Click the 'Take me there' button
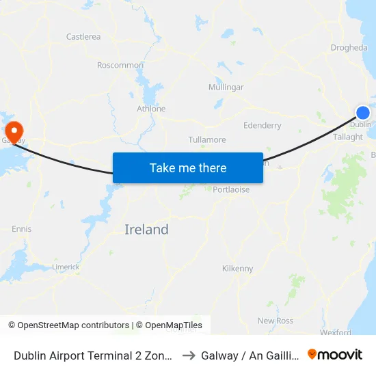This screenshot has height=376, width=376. click(x=188, y=167)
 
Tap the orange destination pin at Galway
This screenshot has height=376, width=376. click(x=14, y=131)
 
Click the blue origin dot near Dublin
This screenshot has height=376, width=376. click(x=363, y=113)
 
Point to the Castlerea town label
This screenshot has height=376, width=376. click(x=83, y=36)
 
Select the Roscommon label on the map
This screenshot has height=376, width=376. click(x=120, y=66)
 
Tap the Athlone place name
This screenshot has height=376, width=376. click(x=151, y=109)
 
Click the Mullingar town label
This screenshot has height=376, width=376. click(x=226, y=88)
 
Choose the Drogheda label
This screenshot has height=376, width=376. click(x=349, y=48)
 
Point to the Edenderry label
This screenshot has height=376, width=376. click(x=263, y=126)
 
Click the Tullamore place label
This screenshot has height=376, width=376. click(x=207, y=140)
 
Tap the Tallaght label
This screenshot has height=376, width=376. click(x=348, y=137)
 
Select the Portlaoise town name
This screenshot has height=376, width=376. click(x=231, y=190)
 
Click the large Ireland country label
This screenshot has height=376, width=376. click(x=146, y=230)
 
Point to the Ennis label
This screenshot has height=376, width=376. click(x=21, y=229)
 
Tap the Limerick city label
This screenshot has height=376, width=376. click(x=66, y=267)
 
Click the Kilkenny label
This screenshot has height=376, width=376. click(x=238, y=269)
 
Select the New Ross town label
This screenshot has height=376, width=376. click(x=275, y=321)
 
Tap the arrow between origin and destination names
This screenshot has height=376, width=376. click(x=189, y=355)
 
